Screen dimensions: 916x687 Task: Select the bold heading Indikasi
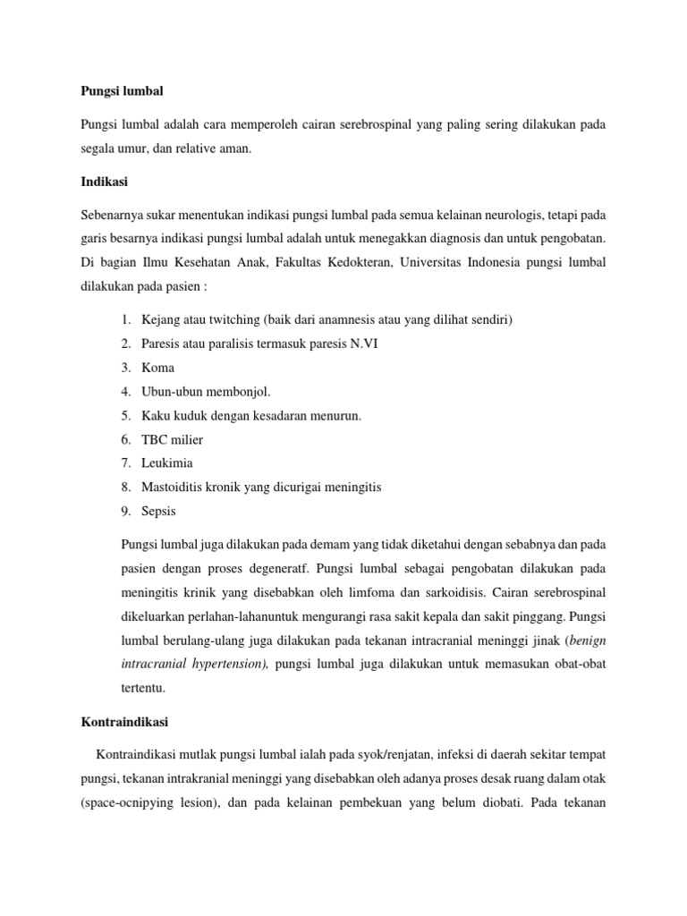click(104, 182)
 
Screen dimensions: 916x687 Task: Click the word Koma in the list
click(158, 368)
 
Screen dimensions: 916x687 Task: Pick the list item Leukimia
click(167, 463)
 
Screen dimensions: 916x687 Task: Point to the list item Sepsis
click(159, 512)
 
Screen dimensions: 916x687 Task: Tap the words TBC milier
click(173, 439)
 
